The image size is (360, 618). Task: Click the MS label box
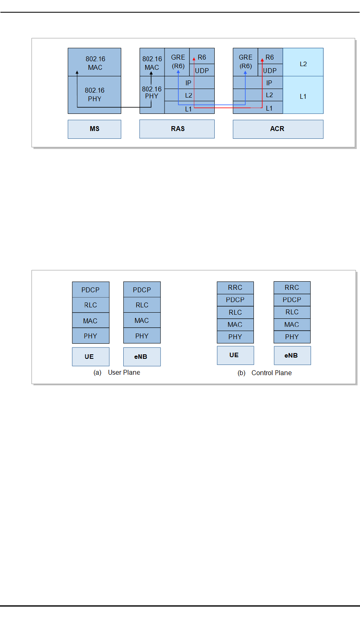pyautogui.click(x=94, y=129)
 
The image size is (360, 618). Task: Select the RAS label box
pyautogui.click(x=177, y=129)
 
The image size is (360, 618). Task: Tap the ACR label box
pyautogui.click(x=278, y=129)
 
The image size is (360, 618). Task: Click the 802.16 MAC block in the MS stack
pyautogui.click(x=94, y=62)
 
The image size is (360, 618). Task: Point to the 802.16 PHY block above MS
pyautogui.click(x=94, y=94)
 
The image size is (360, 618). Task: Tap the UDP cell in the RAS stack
pyautogui.click(x=202, y=70)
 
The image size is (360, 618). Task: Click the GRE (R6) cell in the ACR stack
pyautogui.click(x=245, y=62)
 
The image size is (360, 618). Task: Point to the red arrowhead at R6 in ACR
pyautogui.click(x=262, y=60)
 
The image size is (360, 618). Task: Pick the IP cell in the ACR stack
pyautogui.click(x=269, y=82)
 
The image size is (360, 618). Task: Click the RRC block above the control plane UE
pyautogui.click(x=235, y=287)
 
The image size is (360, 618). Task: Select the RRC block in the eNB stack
pyautogui.click(x=292, y=287)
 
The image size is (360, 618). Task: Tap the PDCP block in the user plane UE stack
pyautogui.click(x=91, y=290)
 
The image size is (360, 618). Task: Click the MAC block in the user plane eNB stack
pyautogui.click(x=142, y=320)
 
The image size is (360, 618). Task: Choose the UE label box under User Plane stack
pyautogui.click(x=91, y=357)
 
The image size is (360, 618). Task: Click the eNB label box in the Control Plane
pyautogui.click(x=292, y=356)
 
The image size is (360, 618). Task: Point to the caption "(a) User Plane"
pyautogui.click(x=117, y=372)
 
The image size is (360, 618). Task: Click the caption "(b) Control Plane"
pyautogui.click(x=264, y=373)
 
